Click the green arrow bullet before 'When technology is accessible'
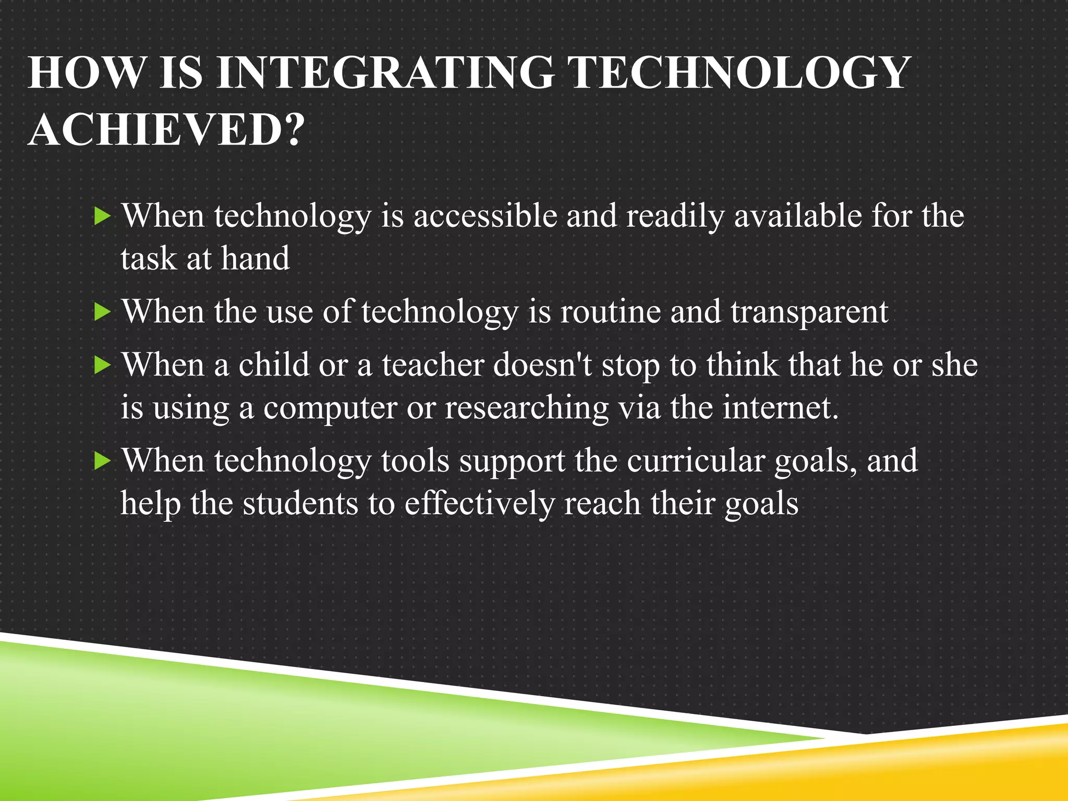pyautogui.click(x=103, y=216)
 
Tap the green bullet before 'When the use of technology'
pyautogui.click(x=103, y=312)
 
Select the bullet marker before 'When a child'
pyautogui.click(x=103, y=366)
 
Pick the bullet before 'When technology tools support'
pyautogui.click(x=103, y=462)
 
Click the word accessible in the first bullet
pyautogui.click(x=485, y=216)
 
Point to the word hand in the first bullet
pyautogui.click(x=255, y=259)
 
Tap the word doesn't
pyautogui.click(x=542, y=365)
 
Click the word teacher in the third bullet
pyautogui.click(x=432, y=365)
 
